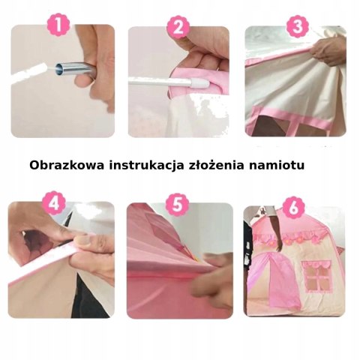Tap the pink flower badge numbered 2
178,27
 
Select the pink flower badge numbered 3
298,26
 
